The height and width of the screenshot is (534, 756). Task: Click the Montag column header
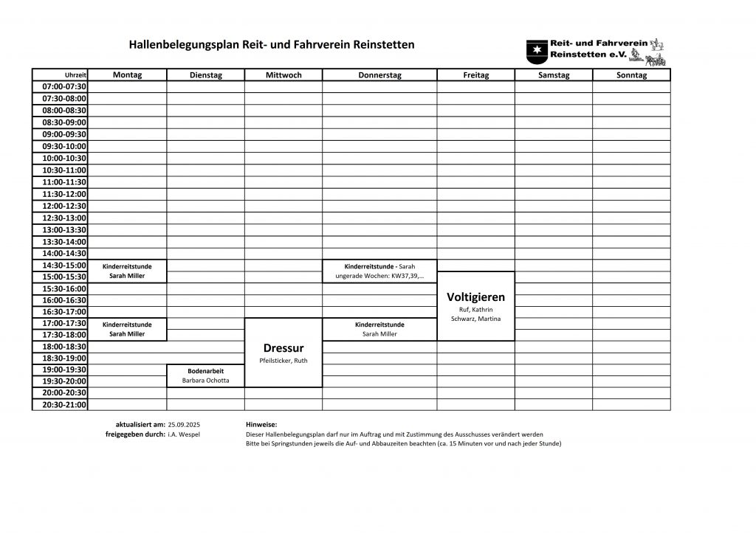tap(127, 75)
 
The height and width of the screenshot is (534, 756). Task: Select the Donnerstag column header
tap(379, 75)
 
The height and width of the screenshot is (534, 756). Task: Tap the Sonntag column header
tap(631, 75)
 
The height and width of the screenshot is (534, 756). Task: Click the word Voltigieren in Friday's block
tap(475, 297)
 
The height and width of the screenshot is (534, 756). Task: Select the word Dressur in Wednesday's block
tap(283, 348)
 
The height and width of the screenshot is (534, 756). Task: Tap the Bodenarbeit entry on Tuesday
tap(205, 370)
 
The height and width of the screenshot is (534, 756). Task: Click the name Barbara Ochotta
tap(205, 381)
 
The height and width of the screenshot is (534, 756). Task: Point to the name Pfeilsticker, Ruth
tap(283, 361)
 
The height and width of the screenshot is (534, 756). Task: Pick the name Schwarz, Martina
tap(475, 319)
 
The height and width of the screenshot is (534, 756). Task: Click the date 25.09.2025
tap(184, 425)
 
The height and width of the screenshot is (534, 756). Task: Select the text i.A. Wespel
tap(184, 434)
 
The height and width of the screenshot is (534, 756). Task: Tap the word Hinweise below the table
tap(261, 425)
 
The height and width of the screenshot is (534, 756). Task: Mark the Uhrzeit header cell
tap(76, 75)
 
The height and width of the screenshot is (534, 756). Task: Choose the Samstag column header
tap(553, 75)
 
